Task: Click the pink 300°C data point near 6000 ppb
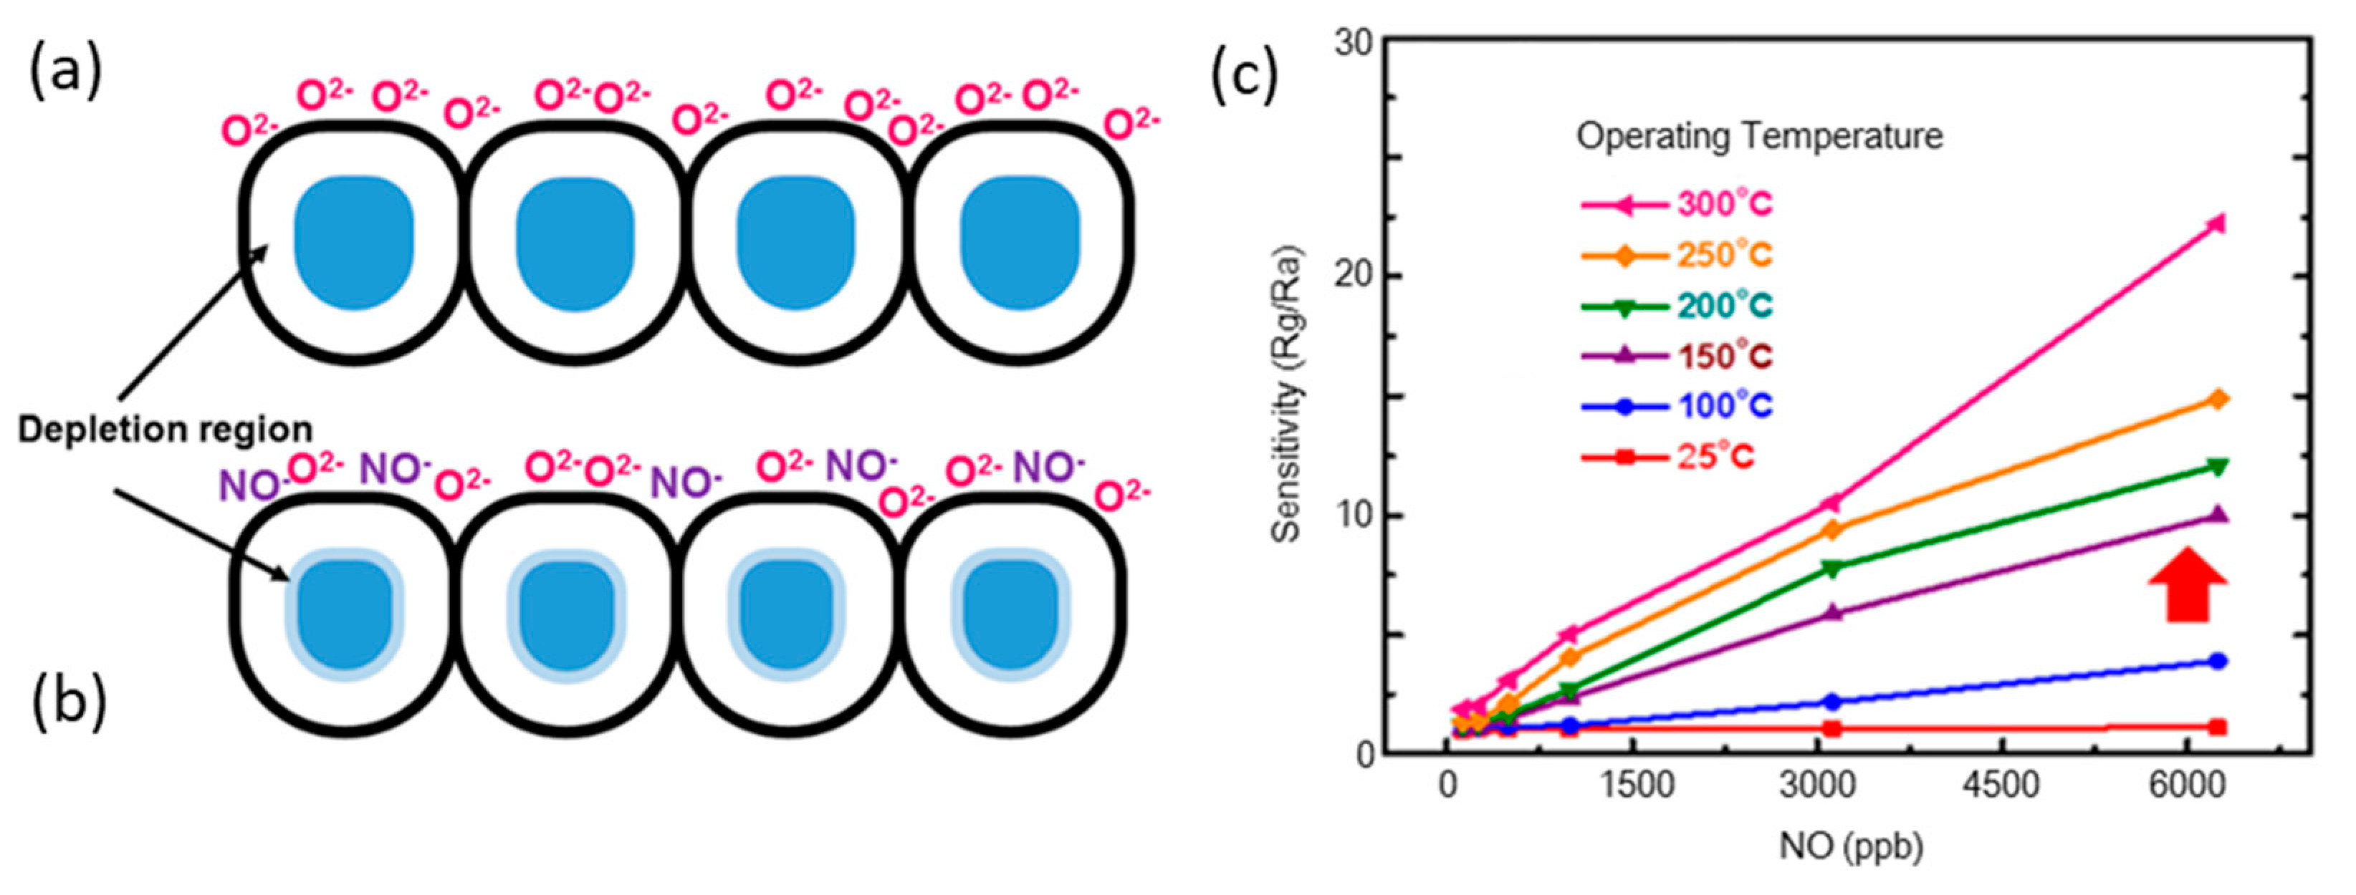pyautogui.click(x=2216, y=224)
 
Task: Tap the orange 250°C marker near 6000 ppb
pyautogui.click(x=2218, y=400)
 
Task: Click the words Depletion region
pyautogui.click(x=166, y=429)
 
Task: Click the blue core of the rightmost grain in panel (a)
pyautogui.click(x=1019, y=242)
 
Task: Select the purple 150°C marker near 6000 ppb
pyautogui.click(x=2217, y=516)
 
